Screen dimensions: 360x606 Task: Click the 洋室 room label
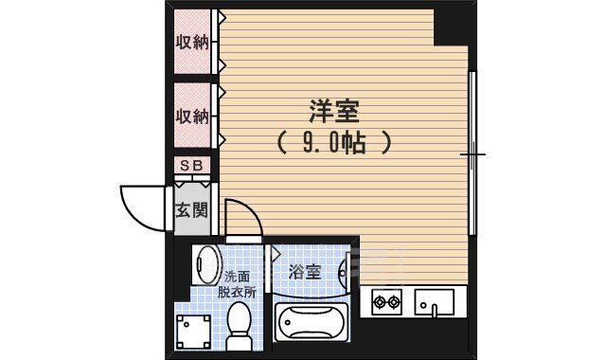point(332,112)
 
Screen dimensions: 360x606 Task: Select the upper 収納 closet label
point(192,43)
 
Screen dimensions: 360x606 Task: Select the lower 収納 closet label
point(192,117)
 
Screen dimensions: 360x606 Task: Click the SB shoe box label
point(192,166)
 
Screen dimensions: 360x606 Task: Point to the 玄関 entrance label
point(192,209)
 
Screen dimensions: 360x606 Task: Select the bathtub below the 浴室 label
point(312,326)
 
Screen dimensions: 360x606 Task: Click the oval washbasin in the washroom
point(205,264)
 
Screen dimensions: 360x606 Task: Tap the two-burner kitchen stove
point(386,302)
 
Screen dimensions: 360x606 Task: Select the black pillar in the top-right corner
point(452,27)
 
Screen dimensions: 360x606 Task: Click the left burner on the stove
point(380,303)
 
